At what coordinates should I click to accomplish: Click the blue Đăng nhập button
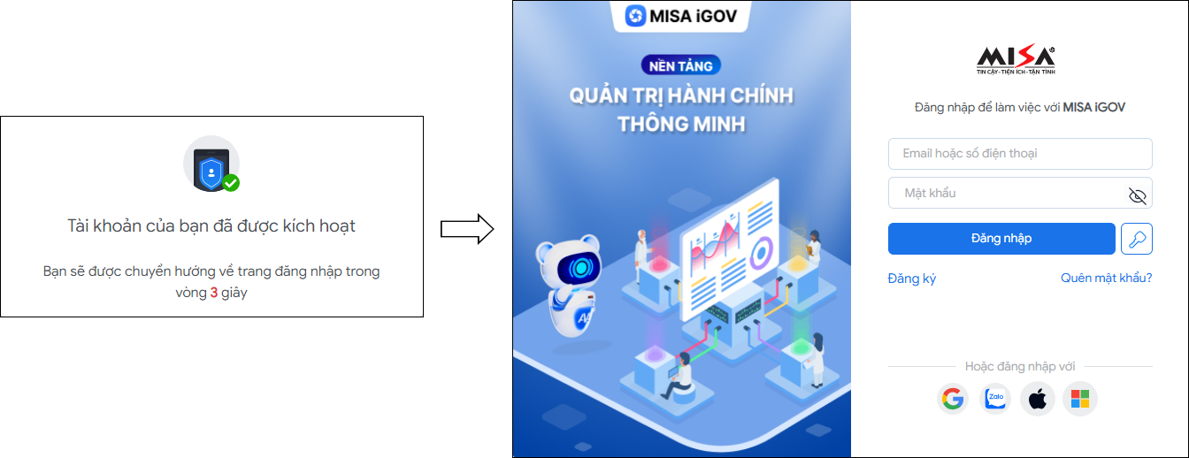coord(1001,238)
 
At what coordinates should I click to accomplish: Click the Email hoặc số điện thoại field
coord(1019,154)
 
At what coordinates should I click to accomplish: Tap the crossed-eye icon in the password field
coord(1137,195)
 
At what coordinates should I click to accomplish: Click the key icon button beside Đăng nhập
coord(1136,239)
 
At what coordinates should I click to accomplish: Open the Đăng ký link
coord(911,279)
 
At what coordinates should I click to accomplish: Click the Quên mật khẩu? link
coord(1106,279)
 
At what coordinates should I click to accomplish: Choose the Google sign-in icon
coord(953,400)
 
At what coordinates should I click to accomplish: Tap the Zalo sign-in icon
coord(996,400)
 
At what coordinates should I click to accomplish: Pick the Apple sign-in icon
coord(1038,400)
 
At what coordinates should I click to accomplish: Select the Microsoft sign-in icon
coord(1080,400)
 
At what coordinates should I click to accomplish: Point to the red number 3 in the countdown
coord(214,293)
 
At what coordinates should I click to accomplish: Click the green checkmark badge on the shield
coord(231,183)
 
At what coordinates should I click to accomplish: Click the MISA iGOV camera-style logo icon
coord(636,16)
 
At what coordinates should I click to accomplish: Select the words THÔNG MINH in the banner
coord(681,123)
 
